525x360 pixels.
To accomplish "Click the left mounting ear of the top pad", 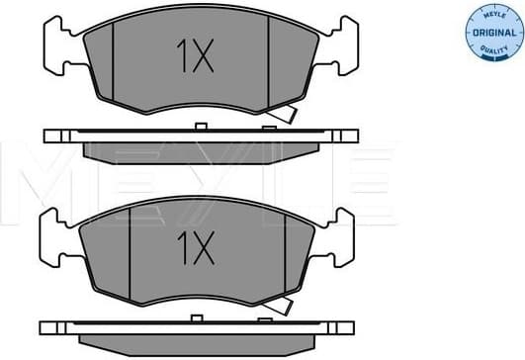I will (60, 45).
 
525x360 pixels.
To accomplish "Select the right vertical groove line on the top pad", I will (269, 61).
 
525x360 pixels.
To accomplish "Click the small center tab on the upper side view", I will (199, 126).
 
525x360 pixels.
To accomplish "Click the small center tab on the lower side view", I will (199, 317).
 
